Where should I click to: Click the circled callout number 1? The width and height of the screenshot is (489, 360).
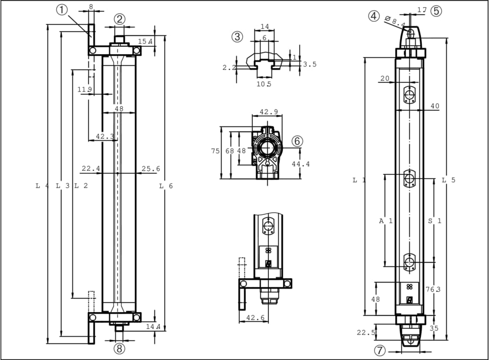(x=62, y=10)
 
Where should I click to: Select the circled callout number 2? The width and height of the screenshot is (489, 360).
(x=120, y=19)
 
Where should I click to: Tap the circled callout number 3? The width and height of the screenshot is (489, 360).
(x=237, y=36)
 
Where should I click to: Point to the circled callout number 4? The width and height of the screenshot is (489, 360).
(x=374, y=16)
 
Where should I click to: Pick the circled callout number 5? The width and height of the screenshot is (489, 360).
(x=436, y=10)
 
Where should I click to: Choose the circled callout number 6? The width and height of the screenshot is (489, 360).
(x=297, y=141)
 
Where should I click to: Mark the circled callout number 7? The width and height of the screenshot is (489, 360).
(x=380, y=350)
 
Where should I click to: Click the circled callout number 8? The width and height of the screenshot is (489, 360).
(x=120, y=349)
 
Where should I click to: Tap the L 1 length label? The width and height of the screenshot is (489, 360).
(x=359, y=180)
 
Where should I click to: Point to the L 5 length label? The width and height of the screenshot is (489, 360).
(x=448, y=180)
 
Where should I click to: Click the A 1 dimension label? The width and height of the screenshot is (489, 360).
(x=385, y=221)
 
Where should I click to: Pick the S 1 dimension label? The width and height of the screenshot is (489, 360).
(x=434, y=221)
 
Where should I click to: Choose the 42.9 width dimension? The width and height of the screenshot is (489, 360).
(x=268, y=112)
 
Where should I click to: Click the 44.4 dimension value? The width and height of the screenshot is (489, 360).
(x=300, y=164)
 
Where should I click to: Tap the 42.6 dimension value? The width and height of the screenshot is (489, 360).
(x=255, y=317)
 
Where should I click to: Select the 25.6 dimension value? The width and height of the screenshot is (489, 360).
(x=150, y=169)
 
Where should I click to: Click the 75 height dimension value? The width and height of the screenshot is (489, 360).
(x=215, y=151)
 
